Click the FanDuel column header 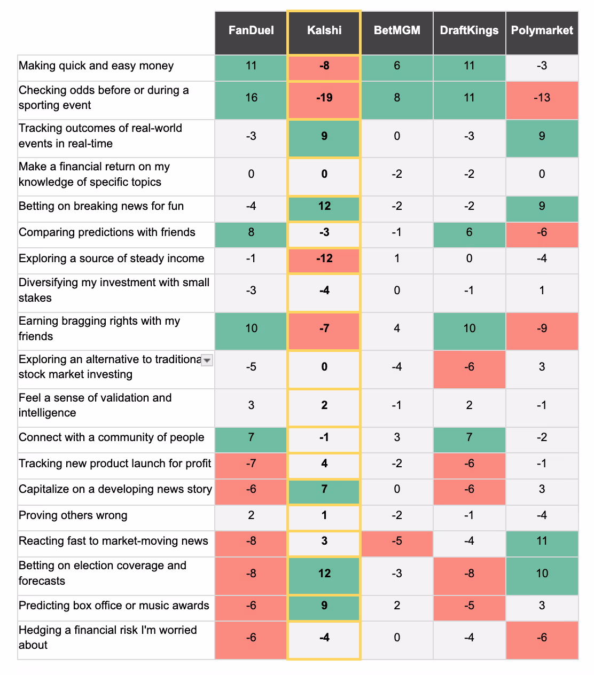pyautogui.click(x=251, y=30)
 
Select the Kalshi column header pyautogui.click(x=324, y=30)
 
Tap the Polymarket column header pyautogui.click(x=542, y=30)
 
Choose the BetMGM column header pyautogui.click(x=397, y=30)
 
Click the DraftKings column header pyautogui.click(x=469, y=30)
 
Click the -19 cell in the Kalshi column pyautogui.click(x=324, y=98)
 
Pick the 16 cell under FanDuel pyautogui.click(x=251, y=98)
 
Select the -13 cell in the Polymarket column pyautogui.click(x=542, y=98)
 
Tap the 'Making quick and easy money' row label pyautogui.click(x=96, y=66)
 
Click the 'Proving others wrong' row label pyautogui.click(x=73, y=515)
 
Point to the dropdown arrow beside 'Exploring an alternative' pyautogui.click(x=207, y=360)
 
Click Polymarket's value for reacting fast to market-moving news pyautogui.click(x=542, y=541)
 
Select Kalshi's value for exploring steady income pyautogui.click(x=324, y=258)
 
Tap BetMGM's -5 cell pyautogui.click(x=397, y=541)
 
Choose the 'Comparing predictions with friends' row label pyautogui.click(x=107, y=232)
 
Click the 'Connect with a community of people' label pyautogui.click(x=112, y=437)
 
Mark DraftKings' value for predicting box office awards pyautogui.click(x=469, y=606)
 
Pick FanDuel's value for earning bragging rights pyautogui.click(x=251, y=328)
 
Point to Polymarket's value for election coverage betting pyautogui.click(x=542, y=574)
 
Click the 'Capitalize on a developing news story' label pyautogui.click(x=115, y=489)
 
